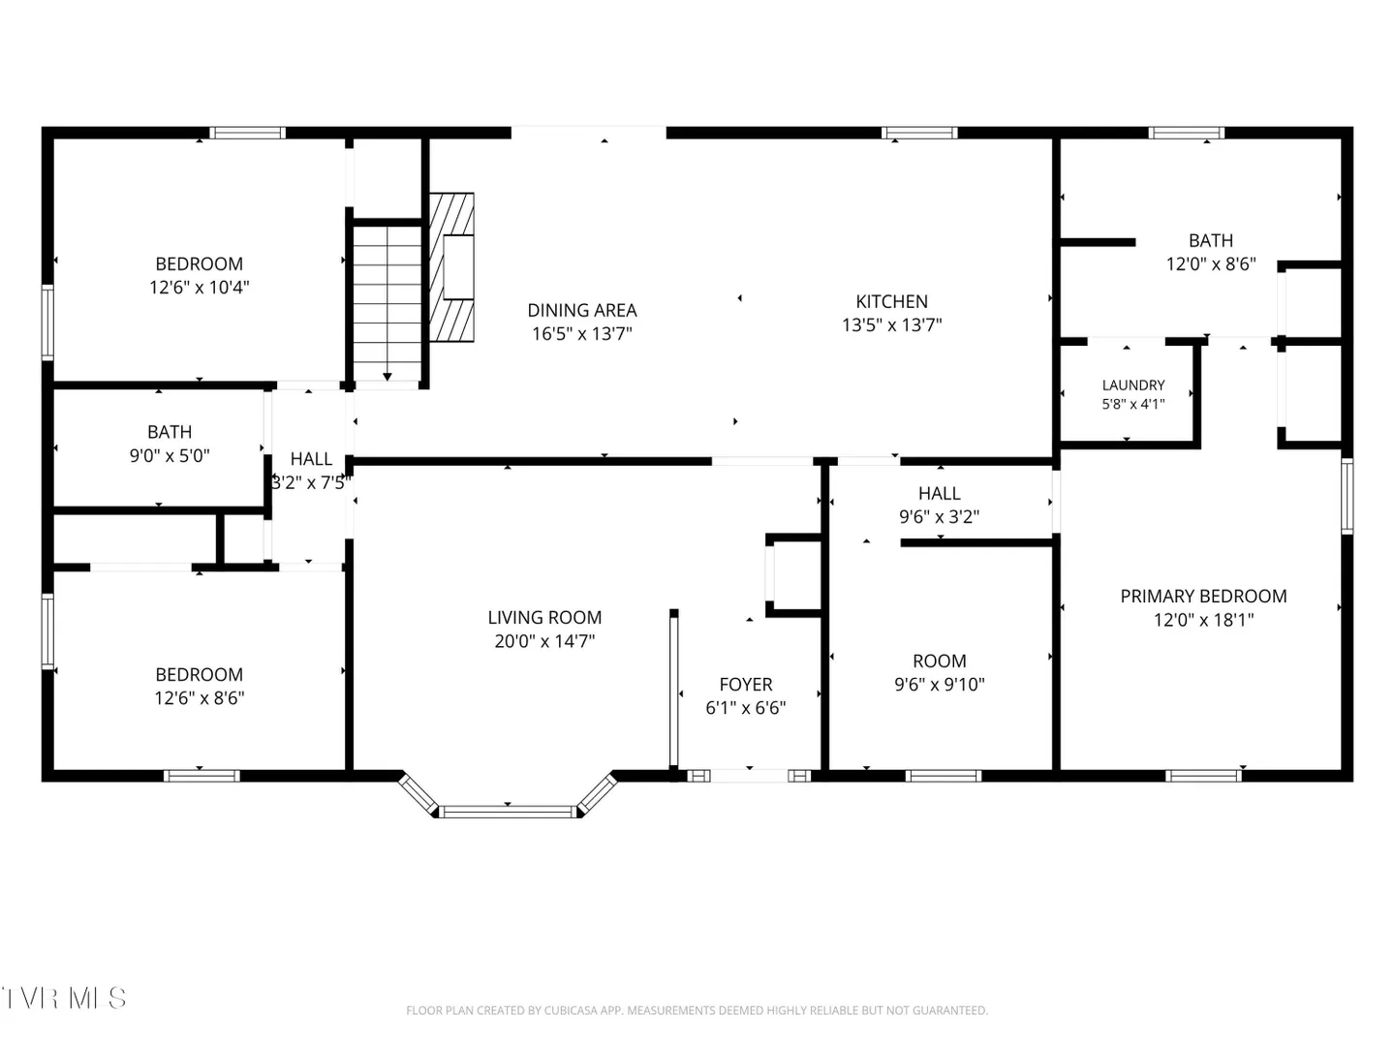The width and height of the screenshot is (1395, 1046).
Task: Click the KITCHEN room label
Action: (x=891, y=301)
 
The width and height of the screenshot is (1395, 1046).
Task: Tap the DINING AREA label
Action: (x=581, y=310)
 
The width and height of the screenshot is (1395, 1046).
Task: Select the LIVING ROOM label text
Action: (x=544, y=617)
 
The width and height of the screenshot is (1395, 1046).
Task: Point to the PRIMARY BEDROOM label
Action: (x=1203, y=596)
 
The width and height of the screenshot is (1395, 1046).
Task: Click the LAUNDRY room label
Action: (x=1133, y=385)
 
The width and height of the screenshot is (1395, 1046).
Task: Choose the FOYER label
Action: (x=746, y=684)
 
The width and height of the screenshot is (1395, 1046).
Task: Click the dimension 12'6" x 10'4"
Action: (x=199, y=287)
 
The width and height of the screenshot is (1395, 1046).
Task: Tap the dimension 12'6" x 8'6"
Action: (x=199, y=697)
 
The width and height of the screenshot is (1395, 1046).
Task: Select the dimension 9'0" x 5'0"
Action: (x=170, y=455)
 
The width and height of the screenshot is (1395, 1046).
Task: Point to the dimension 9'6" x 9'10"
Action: (x=940, y=684)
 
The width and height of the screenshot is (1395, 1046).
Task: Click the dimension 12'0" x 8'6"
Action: (x=1211, y=263)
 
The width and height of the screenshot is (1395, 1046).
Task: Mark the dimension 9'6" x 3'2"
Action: (x=939, y=516)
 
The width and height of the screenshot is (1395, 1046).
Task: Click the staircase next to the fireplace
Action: (x=387, y=303)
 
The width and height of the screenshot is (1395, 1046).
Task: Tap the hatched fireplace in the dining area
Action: (x=451, y=267)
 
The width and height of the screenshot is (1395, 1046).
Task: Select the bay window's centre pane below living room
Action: (x=508, y=811)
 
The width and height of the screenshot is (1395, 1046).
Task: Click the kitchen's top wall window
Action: (x=919, y=133)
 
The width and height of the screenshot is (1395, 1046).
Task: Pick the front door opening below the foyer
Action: (x=749, y=776)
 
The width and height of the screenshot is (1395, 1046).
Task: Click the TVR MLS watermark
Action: (x=64, y=999)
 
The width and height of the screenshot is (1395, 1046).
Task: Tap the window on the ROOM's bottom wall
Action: (x=944, y=776)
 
